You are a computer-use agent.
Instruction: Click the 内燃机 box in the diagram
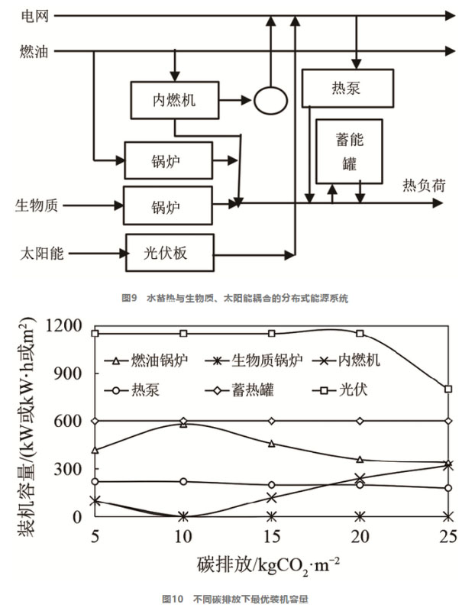point(174,99)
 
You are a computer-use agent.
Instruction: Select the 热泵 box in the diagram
point(347,89)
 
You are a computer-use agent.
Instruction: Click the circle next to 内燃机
point(270,99)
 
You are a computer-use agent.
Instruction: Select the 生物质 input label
point(37,205)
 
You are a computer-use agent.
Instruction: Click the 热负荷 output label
point(424,186)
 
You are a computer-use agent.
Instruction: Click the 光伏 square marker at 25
point(448,389)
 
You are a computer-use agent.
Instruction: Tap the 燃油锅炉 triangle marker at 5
point(95,450)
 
